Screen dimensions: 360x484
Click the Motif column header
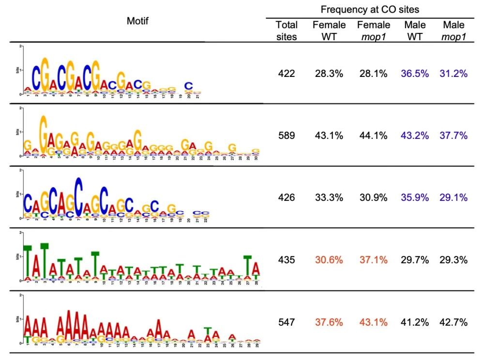point(137,21)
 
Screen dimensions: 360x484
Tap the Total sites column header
point(287,30)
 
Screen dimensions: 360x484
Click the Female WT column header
point(329,30)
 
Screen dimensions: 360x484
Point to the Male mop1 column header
point(453,30)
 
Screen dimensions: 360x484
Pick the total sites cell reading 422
point(287,74)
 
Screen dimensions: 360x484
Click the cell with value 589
point(287,136)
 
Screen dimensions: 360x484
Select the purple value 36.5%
point(412,74)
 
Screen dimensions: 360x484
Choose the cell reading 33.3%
point(329,197)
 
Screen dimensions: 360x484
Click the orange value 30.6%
point(329,260)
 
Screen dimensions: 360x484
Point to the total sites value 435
point(287,260)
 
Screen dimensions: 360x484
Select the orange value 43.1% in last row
point(372,322)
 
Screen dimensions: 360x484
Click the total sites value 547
point(287,322)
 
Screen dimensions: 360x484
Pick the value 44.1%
point(372,136)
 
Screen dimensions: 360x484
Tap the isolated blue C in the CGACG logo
point(189,86)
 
